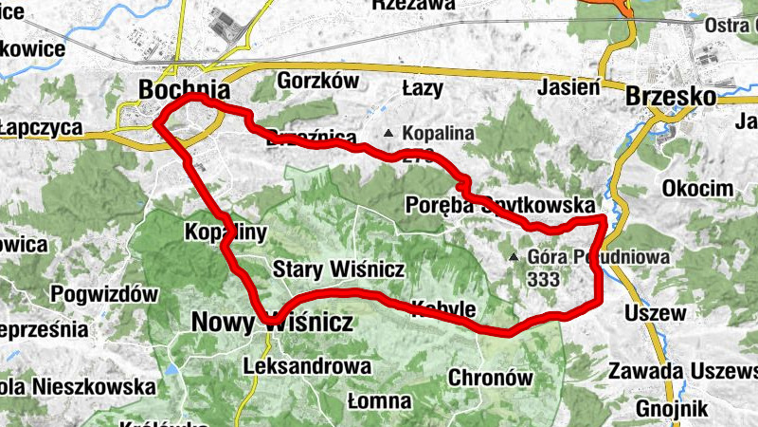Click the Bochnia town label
pyautogui.click(x=184, y=89)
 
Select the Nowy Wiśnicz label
pyautogui.click(x=272, y=323)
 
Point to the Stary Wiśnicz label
pyautogui.click(x=325, y=269)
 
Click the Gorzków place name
pyautogui.click(x=316, y=81)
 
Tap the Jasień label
pyautogui.click(x=571, y=87)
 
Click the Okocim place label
pyautogui.click(x=697, y=187)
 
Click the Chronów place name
pyautogui.click(x=490, y=377)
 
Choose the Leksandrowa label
pyautogui.click(x=306, y=364)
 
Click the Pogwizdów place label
pyautogui.click(x=104, y=294)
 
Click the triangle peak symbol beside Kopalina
pyautogui.click(x=388, y=134)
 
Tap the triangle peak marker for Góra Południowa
pyautogui.click(x=514, y=256)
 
